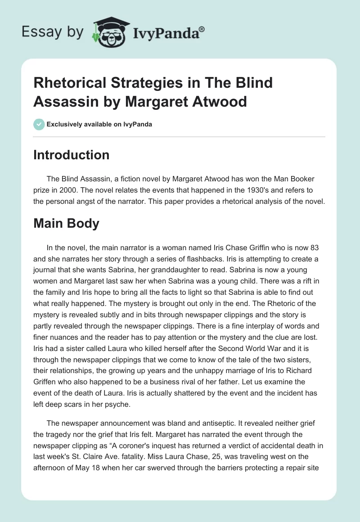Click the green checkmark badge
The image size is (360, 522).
39,124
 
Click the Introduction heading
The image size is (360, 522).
71,155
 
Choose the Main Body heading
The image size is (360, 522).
66,224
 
